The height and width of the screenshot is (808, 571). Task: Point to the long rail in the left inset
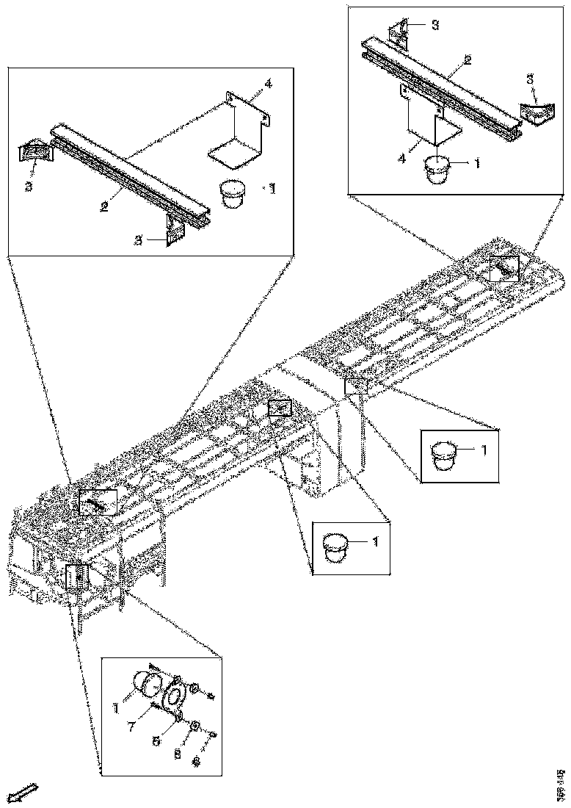128,173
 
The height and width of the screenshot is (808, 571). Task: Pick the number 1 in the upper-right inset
477,164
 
